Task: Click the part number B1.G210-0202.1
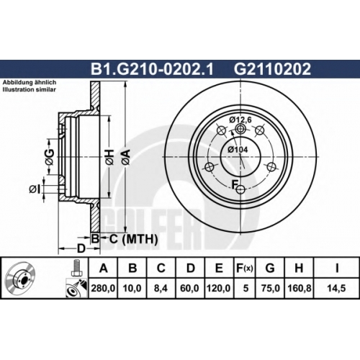tap(152, 69)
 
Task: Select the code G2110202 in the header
tap(272, 69)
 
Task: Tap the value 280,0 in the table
tap(103, 288)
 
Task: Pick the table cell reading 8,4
tap(161, 288)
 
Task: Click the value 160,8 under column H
tap(300, 288)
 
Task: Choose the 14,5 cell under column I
tap(336, 288)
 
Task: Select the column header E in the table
tap(219, 268)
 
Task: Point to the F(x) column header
tap(245, 268)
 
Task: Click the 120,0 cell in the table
tap(219, 288)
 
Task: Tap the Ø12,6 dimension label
tap(240, 120)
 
